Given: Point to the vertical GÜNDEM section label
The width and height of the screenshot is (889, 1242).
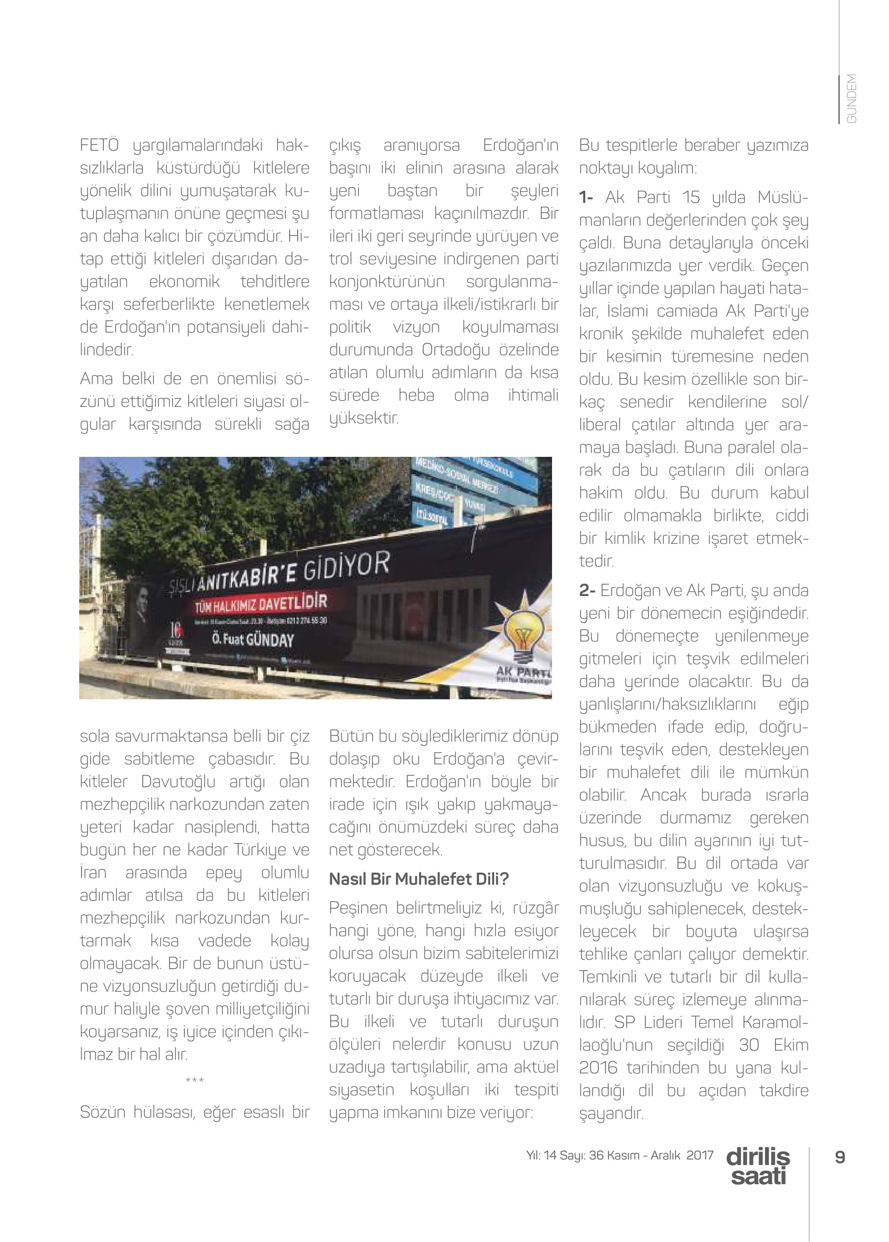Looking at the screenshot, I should (x=851, y=99).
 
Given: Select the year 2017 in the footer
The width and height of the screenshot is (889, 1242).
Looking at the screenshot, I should (x=700, y=1155).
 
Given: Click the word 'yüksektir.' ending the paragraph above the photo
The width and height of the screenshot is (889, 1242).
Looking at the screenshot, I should (x=364, y=418).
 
